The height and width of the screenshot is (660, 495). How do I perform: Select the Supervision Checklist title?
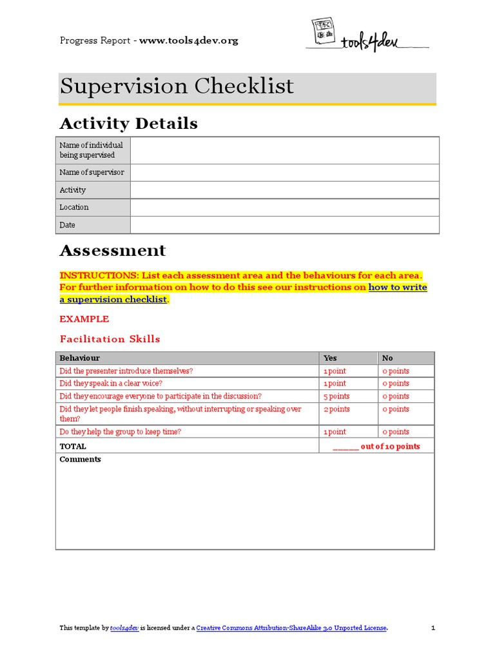[177, 86]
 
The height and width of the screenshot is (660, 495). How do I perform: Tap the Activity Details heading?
[128, 123]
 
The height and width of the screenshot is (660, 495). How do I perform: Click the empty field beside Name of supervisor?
[284, 173]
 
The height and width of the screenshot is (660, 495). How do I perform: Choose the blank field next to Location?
[284, 208]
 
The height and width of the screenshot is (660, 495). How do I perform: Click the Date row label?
[68, 225]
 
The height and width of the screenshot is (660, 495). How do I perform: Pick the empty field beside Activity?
[284, 190]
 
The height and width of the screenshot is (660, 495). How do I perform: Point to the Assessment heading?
[112, 250]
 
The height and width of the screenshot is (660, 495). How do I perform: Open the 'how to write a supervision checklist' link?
[397, 287]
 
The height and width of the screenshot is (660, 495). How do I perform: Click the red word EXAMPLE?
[84, 319]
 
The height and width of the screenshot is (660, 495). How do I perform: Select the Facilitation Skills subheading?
[110, 339]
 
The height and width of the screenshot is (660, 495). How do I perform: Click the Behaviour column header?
[80, 358]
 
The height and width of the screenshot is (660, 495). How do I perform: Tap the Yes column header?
[330, 358]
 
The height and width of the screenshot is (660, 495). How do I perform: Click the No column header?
[387, 358]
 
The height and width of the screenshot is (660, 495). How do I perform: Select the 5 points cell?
[336, 396]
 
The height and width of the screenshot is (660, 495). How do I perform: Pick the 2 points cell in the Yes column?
[336, 409]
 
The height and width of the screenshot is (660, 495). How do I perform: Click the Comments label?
[81, 460]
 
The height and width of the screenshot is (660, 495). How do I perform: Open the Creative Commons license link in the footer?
[291, 628]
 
